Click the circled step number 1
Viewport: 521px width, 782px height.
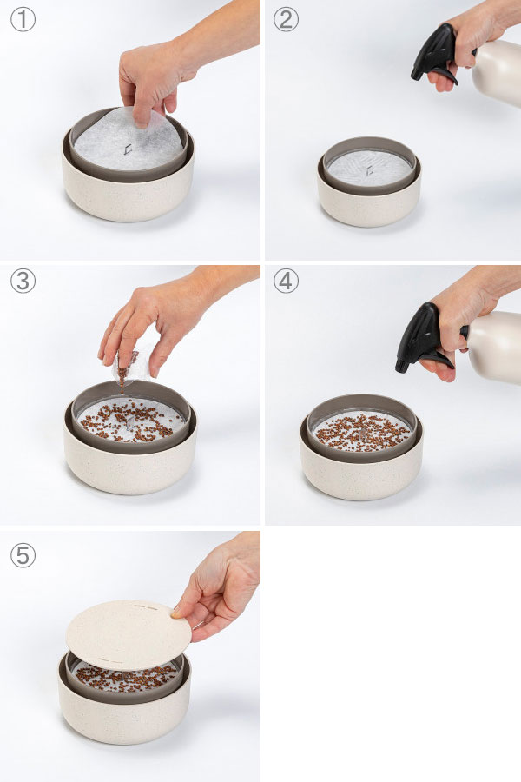pyautogui.click(x=23, y=20)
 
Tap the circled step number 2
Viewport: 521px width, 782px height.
pyautogui.click(x=287, y=20)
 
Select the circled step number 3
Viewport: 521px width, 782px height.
pyautogui.click(x=23, y=281)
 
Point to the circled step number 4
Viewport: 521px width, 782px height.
pyautogui.click(x=287, y=281)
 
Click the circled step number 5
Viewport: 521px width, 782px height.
pyautogui.click(x=23, y=555)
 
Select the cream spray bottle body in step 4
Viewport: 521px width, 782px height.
pyautogui.click(x=494, y=347)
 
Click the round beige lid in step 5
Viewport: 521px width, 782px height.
pyautogui.click(x=129, y=634)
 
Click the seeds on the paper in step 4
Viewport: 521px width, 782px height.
pyautogui.click(x=361, y=431)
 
